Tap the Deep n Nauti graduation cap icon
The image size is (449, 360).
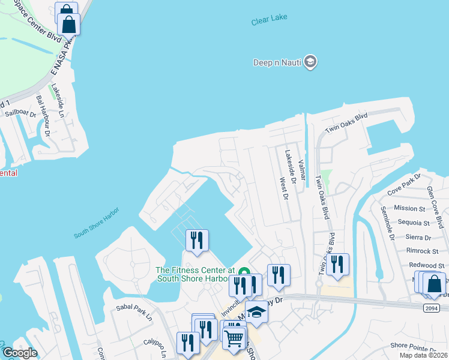click(310, 61)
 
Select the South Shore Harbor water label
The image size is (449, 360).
click(97, 222)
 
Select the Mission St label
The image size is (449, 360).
click(409, 208)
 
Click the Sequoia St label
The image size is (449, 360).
click(414, 223)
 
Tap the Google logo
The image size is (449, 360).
click(20, 353)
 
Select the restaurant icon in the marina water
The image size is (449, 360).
click(197, 240)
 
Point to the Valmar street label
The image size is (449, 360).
click(302, 166)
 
